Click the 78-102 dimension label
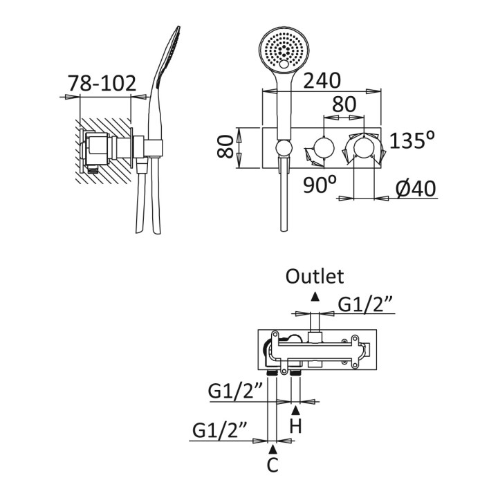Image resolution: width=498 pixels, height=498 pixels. (102, 84)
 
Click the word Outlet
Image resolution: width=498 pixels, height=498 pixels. (315, 277)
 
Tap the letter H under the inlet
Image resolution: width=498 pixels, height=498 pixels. (295, 426)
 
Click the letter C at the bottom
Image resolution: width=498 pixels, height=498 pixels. (273, 465)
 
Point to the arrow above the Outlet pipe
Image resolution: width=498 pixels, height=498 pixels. (315, 296)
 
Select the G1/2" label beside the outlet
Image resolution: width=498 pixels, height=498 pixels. (365, 304)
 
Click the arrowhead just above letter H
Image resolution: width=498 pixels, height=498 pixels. (295, 410)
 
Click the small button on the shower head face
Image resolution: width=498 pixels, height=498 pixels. (284, 66)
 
